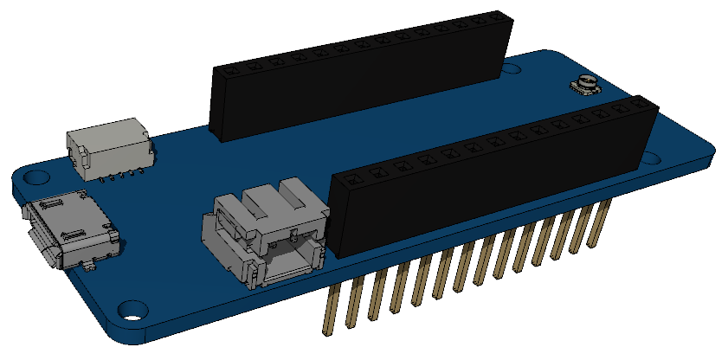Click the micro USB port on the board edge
pos(71,231)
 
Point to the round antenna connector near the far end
pos(588,86)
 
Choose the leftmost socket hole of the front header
pos(351,179)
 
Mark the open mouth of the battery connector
pos(287,264)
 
